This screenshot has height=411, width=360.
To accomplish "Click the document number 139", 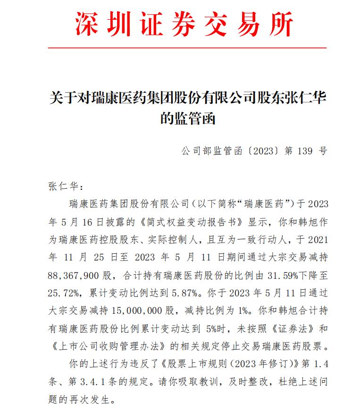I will (x=306, y=151).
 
